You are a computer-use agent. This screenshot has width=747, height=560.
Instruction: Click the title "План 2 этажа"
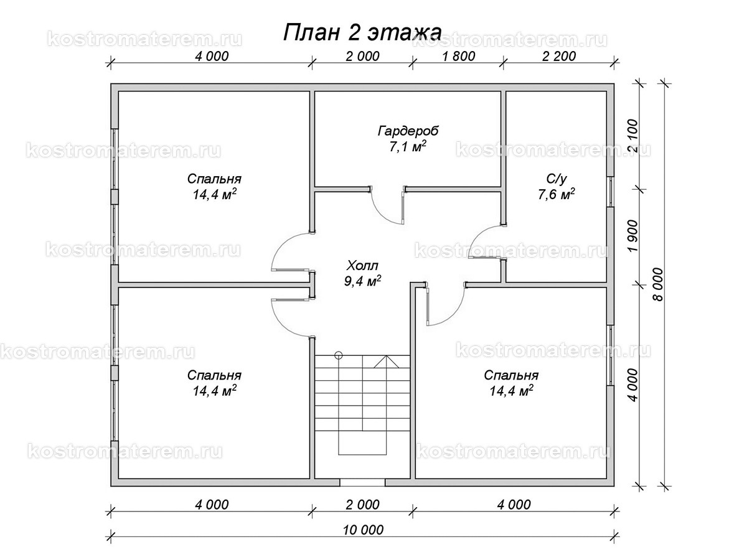tap(362, 32)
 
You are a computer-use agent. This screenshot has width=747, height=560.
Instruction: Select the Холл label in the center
tap(362, 264)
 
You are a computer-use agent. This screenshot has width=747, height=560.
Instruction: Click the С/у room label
tap(557, 179)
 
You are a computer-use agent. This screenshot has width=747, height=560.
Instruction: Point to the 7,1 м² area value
tap(408, 147)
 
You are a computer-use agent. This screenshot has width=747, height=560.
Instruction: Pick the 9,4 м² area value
tap(362, 281)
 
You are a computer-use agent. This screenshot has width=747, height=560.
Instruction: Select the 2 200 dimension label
tap(558, 55)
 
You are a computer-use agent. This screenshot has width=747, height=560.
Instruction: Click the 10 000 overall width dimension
tap(362, 530)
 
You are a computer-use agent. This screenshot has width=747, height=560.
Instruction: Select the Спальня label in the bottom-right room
tap(511, 376)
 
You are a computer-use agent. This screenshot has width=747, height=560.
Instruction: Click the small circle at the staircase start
tap(338, 356)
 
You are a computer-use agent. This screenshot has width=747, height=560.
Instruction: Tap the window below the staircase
tap(362, 482)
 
